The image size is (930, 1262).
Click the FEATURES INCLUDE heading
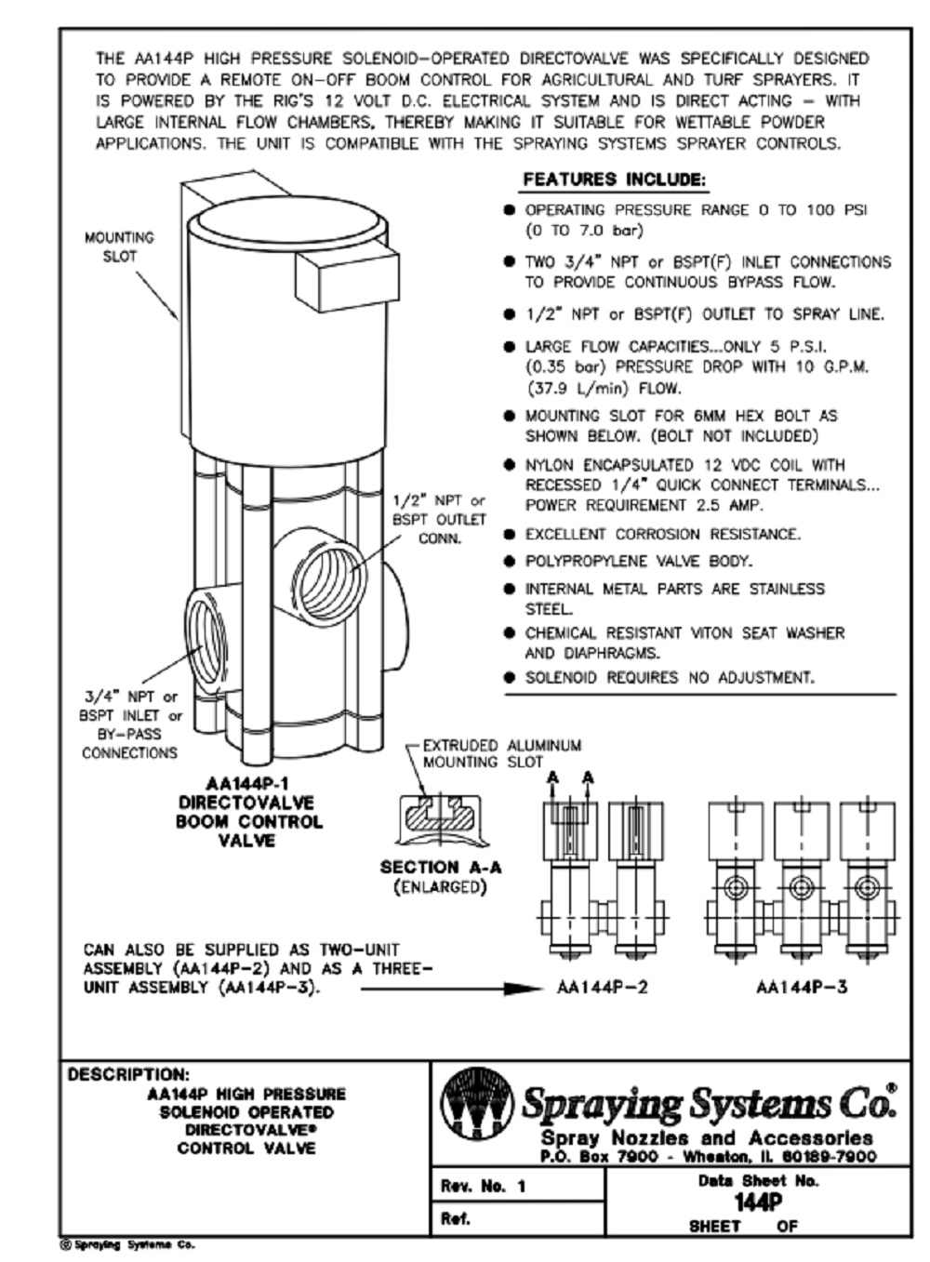[x=614, y=179]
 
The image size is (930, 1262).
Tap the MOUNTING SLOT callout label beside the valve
[x=119, y=246]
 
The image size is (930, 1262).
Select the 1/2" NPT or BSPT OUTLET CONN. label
[x=439, y=520]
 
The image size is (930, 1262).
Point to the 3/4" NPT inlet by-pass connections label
[x=130, y=724]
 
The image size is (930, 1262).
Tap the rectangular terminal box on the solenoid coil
[x=339, y=276]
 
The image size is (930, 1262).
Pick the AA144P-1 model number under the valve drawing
[x=246, y=783]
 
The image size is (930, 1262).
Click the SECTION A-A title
[x=440, y=867]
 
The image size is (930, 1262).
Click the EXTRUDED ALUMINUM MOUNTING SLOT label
[x=501, y=753]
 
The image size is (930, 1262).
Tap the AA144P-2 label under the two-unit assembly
[x=602, y=988]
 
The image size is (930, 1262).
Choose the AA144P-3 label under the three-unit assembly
[x=802, y=988]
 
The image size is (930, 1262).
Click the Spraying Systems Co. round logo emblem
[x=476, y=1104]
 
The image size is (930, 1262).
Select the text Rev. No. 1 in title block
[x=483, y=1186]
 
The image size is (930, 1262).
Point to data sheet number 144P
[x=757, y=1202]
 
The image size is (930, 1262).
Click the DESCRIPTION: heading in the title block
[x=127, y=1074]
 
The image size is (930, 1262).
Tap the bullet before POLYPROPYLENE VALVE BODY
[x=509, y=562]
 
